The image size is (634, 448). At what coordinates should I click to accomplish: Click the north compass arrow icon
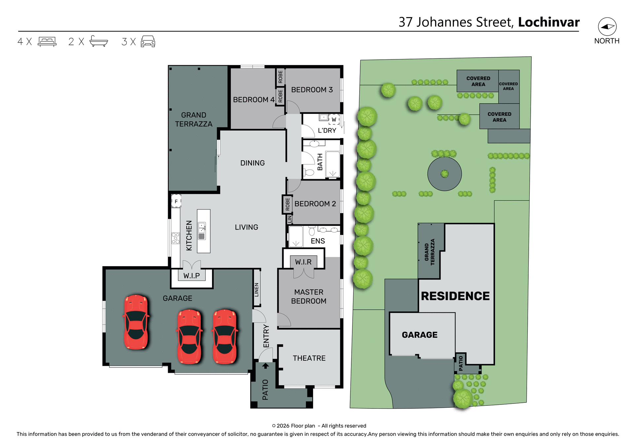(x=607, y=27)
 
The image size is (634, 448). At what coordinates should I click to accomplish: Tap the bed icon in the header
(x=47, y=42)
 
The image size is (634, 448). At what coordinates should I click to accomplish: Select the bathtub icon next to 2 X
(x=98, y=41)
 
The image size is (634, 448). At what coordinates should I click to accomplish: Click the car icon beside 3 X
(x=148, y=42)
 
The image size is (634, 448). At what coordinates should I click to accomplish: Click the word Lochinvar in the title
(x=548, y=22)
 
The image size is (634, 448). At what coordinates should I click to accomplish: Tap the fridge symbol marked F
(x=176, y=201)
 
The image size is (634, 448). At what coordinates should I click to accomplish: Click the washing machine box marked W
(x=334, y=119)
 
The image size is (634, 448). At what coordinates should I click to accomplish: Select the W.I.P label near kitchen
(x=192, y=276)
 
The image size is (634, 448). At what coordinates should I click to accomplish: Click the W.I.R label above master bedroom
(x=303, y=262)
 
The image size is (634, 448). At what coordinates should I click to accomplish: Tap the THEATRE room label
(x=309, y=358)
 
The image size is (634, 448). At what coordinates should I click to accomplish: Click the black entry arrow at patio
(x=265, y=366)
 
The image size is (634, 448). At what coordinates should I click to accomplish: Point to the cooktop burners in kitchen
(x=175, y=238)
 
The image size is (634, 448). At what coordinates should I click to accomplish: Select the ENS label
(x=318, y=241)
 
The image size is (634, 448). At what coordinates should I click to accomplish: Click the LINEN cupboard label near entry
(x=257, y=290)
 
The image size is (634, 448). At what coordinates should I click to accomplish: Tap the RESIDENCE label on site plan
(x=455, y=296)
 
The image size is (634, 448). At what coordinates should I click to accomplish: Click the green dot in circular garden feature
(x=444, y=174)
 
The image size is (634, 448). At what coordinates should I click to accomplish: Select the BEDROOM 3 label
(x=312, y=90)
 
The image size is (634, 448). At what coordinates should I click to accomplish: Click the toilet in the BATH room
(x=309, y=172)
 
